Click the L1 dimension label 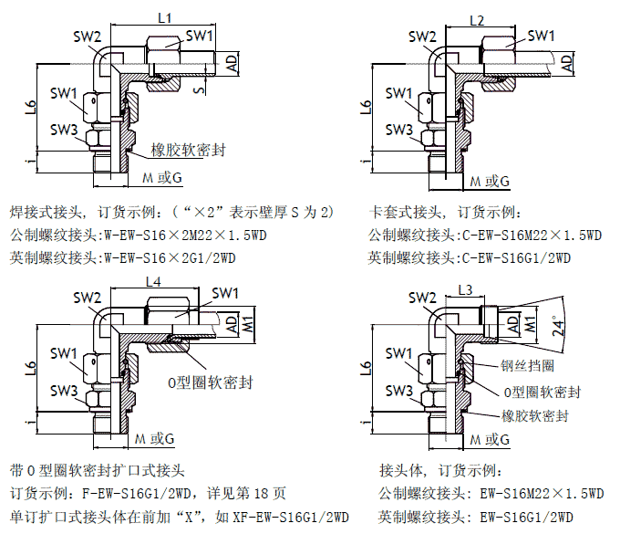pos(165,16)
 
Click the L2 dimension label pos(476,19)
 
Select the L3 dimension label pos(465,290)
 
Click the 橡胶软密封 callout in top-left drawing pos(190,149)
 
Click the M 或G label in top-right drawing pos(490,180)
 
